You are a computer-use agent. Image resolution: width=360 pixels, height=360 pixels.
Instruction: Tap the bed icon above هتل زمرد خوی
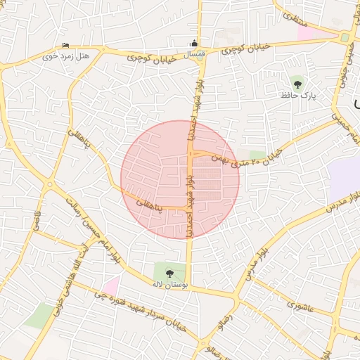pyautogui.click(x=66, y=46)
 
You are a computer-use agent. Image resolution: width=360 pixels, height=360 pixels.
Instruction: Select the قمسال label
pyautogui.click(x=194, y=53)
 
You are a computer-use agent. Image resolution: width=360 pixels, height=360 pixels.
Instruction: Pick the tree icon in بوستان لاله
pyautogui.click(x=169, y=272)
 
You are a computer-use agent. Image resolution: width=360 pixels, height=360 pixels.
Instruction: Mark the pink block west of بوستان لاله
pyautogui.click(x=112, y=285)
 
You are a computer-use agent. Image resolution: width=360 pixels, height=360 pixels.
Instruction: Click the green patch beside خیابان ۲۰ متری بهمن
pyautogui.click(x=258, y=154)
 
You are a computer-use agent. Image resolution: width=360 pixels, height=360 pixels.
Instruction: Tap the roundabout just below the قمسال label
pyautogui.click(x=200, y=63)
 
